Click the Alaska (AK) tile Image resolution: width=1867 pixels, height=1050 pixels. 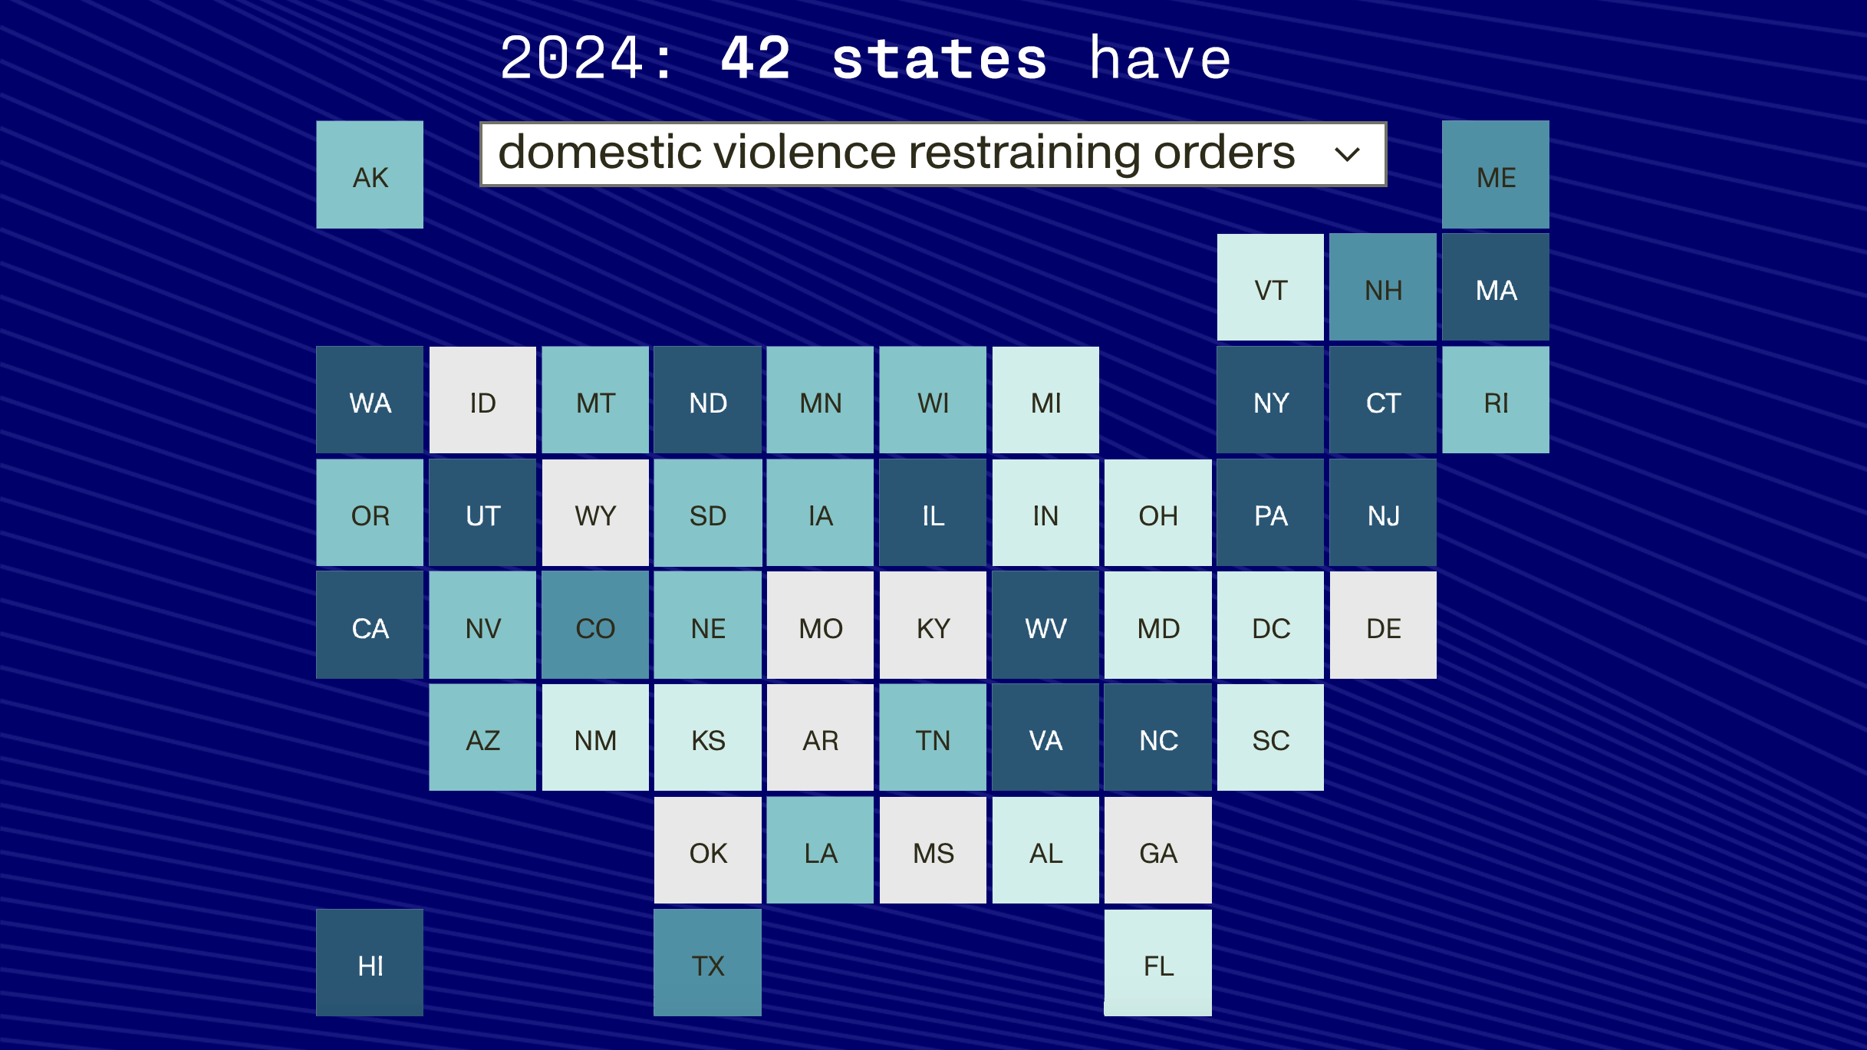point(370,175)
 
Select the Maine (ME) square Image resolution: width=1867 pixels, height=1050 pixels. point(1496,175)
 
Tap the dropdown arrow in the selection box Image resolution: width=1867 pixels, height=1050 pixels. point(1347,154)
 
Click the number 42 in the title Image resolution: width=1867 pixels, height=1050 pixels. point(756,58)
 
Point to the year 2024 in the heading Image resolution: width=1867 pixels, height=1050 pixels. point(571,58)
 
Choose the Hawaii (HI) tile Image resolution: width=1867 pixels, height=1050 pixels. point(370,963)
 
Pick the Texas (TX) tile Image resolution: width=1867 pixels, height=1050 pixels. point(707,963)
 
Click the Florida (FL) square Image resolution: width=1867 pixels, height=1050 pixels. point(1158,963)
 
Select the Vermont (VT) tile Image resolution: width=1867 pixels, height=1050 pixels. point(1270,288)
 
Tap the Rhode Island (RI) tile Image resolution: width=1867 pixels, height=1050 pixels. point(1496,400)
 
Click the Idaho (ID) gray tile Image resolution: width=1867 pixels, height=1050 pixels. point(482,400)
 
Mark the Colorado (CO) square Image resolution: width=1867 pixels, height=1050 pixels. point(595,625)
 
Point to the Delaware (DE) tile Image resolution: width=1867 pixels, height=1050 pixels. point(1383,625)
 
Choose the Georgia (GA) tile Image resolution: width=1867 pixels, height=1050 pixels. point(1158,851)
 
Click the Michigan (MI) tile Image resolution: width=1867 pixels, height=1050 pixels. point(1045,400)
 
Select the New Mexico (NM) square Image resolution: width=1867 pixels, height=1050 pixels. point(595,738)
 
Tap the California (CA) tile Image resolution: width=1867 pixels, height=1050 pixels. point(370,625)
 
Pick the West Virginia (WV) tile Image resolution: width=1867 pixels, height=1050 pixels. point(1045,625)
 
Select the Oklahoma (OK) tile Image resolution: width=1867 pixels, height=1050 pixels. point(707,851)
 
